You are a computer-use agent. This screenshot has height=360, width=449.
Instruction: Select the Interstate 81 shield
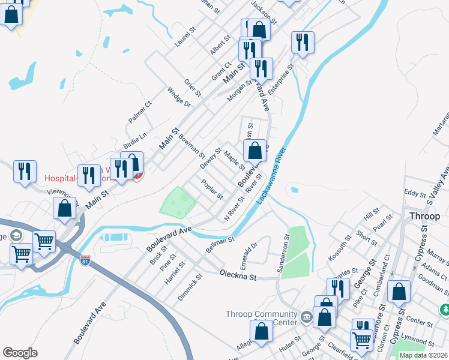click(86, 262)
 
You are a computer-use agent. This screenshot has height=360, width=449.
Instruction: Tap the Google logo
click(20, 353)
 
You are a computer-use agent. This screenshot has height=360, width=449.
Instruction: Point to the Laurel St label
click(186, 38)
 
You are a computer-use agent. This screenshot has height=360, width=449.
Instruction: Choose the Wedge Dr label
click(179, 97)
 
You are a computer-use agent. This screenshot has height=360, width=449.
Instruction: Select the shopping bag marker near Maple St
click(255, 151)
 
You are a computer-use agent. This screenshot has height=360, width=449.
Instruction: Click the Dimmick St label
click(191, 287)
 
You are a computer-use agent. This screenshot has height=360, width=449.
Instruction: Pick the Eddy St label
click(414, 193)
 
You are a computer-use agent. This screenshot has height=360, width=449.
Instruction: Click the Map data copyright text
click(423, 355)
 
